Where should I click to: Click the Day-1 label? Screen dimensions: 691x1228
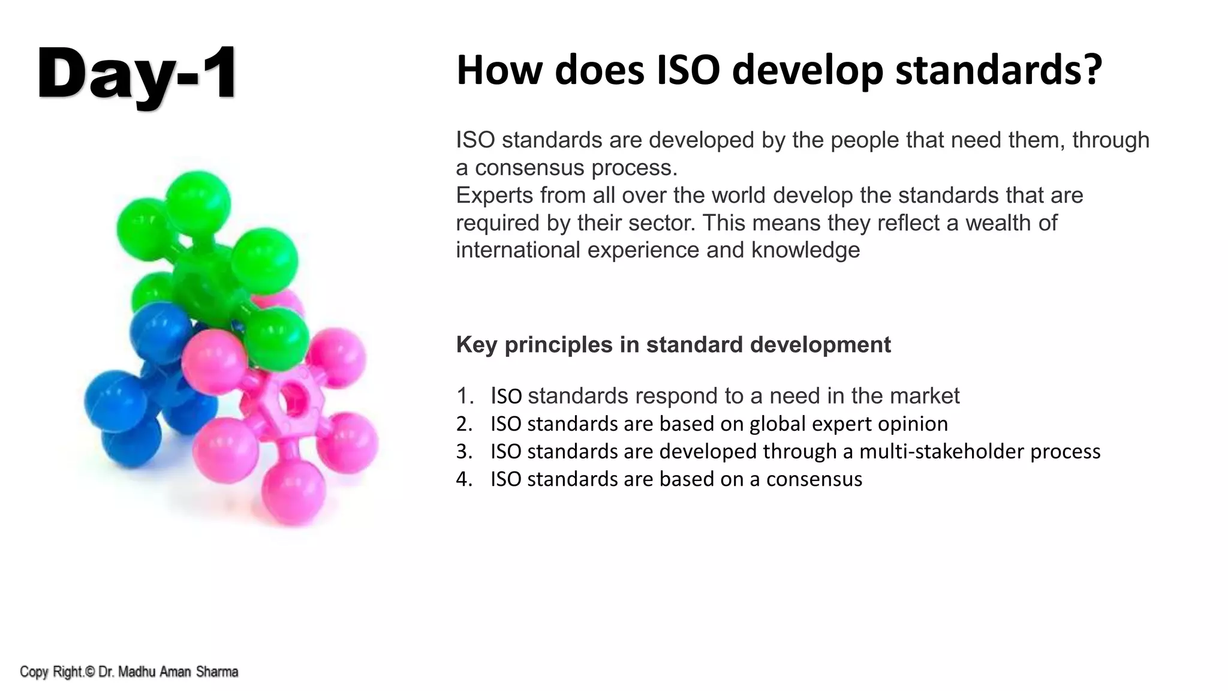click(137, 74)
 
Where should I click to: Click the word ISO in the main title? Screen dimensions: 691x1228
click(688, 70)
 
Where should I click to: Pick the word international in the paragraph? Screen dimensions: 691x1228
click(518, 250)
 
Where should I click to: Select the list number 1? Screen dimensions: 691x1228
click(463, 396)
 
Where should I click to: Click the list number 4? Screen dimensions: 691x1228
click(463, 479)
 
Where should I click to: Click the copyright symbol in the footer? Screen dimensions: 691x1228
click(89, 672)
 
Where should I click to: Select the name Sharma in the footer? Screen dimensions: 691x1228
click(217, 672)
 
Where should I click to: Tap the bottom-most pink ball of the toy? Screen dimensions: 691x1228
click(294, 492)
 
